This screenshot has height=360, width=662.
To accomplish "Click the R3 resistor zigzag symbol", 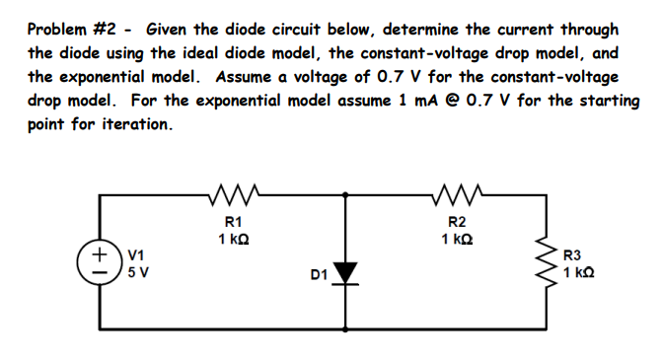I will coord(542,263).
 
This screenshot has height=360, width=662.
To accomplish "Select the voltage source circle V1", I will coord(100,264).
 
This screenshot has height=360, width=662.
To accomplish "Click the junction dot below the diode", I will coord(347,324).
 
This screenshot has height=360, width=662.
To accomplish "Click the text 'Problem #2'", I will coord(70,30).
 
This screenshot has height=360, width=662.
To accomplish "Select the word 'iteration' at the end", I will coord(133,125).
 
